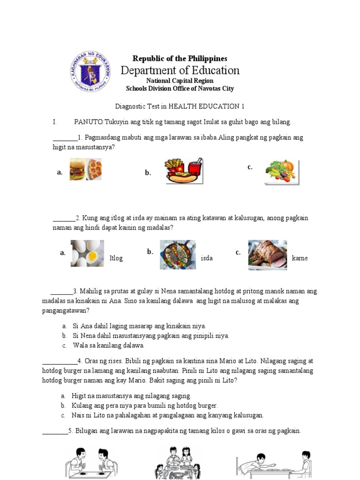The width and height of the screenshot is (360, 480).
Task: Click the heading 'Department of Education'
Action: tap(180, 70)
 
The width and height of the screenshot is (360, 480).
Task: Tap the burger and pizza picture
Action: tap(86, 169)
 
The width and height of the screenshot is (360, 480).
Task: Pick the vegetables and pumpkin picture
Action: tap(282, 172)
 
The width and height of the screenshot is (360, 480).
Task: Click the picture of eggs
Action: tap(87, 254)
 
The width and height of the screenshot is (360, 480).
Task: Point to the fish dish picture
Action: tap(178, 255)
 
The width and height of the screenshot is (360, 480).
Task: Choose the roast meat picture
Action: tap(267, 255)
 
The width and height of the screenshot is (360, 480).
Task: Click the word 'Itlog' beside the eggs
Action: tap(116, 258)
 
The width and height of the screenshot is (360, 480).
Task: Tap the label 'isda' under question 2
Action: tap(207, 258)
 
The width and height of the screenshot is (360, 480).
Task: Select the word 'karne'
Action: tap(300, 258)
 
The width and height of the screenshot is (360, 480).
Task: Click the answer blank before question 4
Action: tap(60, 361)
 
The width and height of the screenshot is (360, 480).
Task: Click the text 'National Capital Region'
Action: tap(180, 81)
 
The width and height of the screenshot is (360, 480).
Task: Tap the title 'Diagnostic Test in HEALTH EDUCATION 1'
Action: tap(180, 106)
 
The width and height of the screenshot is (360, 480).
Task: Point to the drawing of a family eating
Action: tap(178, 463)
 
